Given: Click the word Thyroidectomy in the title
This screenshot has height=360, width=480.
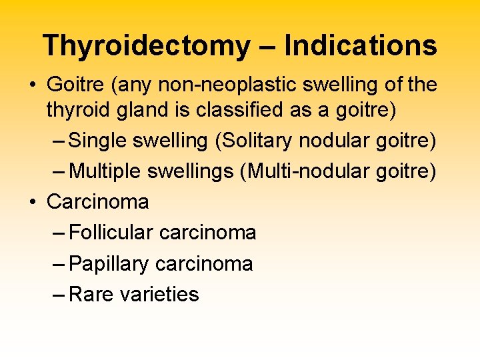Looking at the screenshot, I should tap(146, 46).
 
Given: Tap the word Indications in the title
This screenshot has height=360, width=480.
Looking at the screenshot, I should tap(361, 46).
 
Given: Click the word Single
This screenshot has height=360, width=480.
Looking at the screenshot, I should tap(101, 141).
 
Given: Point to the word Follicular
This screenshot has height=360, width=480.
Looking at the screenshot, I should tap(111, 233).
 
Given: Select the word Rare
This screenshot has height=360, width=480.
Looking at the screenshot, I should tap(91, 294).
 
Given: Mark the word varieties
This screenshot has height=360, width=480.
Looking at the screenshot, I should tap(159, 294).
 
